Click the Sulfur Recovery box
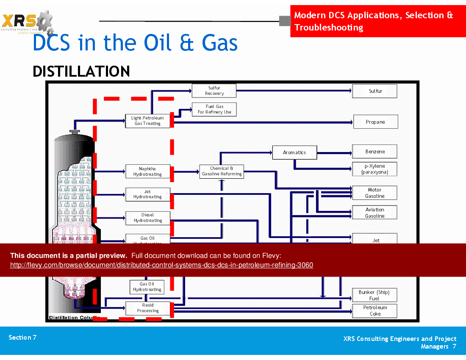point(214,91)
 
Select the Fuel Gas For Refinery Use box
point(214,109)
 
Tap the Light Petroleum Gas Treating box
point(147,121)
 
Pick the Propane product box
point(375,122)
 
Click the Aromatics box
point(294,152)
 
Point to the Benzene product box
point(374,152)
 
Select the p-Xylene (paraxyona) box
point(374,169)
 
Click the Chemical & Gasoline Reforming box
point(222,171)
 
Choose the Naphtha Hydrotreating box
point(147,172)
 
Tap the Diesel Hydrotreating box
point(147,218)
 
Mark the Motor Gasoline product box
point(374,193)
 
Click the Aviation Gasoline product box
point(374,213)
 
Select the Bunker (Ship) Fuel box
point(374,295)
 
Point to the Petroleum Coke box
point(374,310)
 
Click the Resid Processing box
point(147,308)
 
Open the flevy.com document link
point(161,265)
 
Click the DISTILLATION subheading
point(81,71)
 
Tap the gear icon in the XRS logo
point(44,21)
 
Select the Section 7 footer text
point(22,338)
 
